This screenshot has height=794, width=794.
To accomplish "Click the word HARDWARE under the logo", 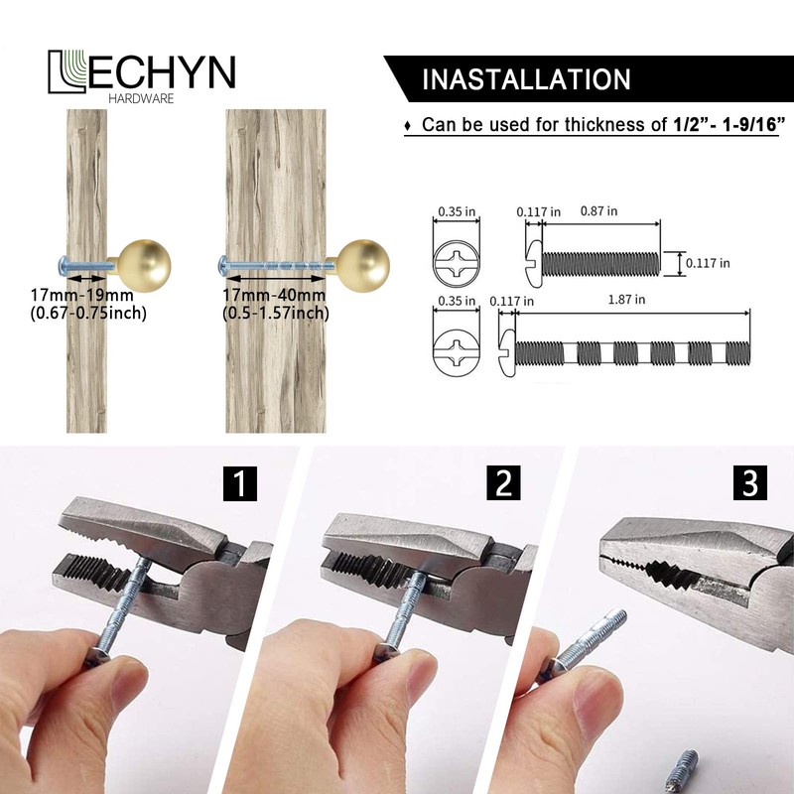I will point(142,97).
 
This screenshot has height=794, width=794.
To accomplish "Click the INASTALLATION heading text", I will point(525,80).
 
